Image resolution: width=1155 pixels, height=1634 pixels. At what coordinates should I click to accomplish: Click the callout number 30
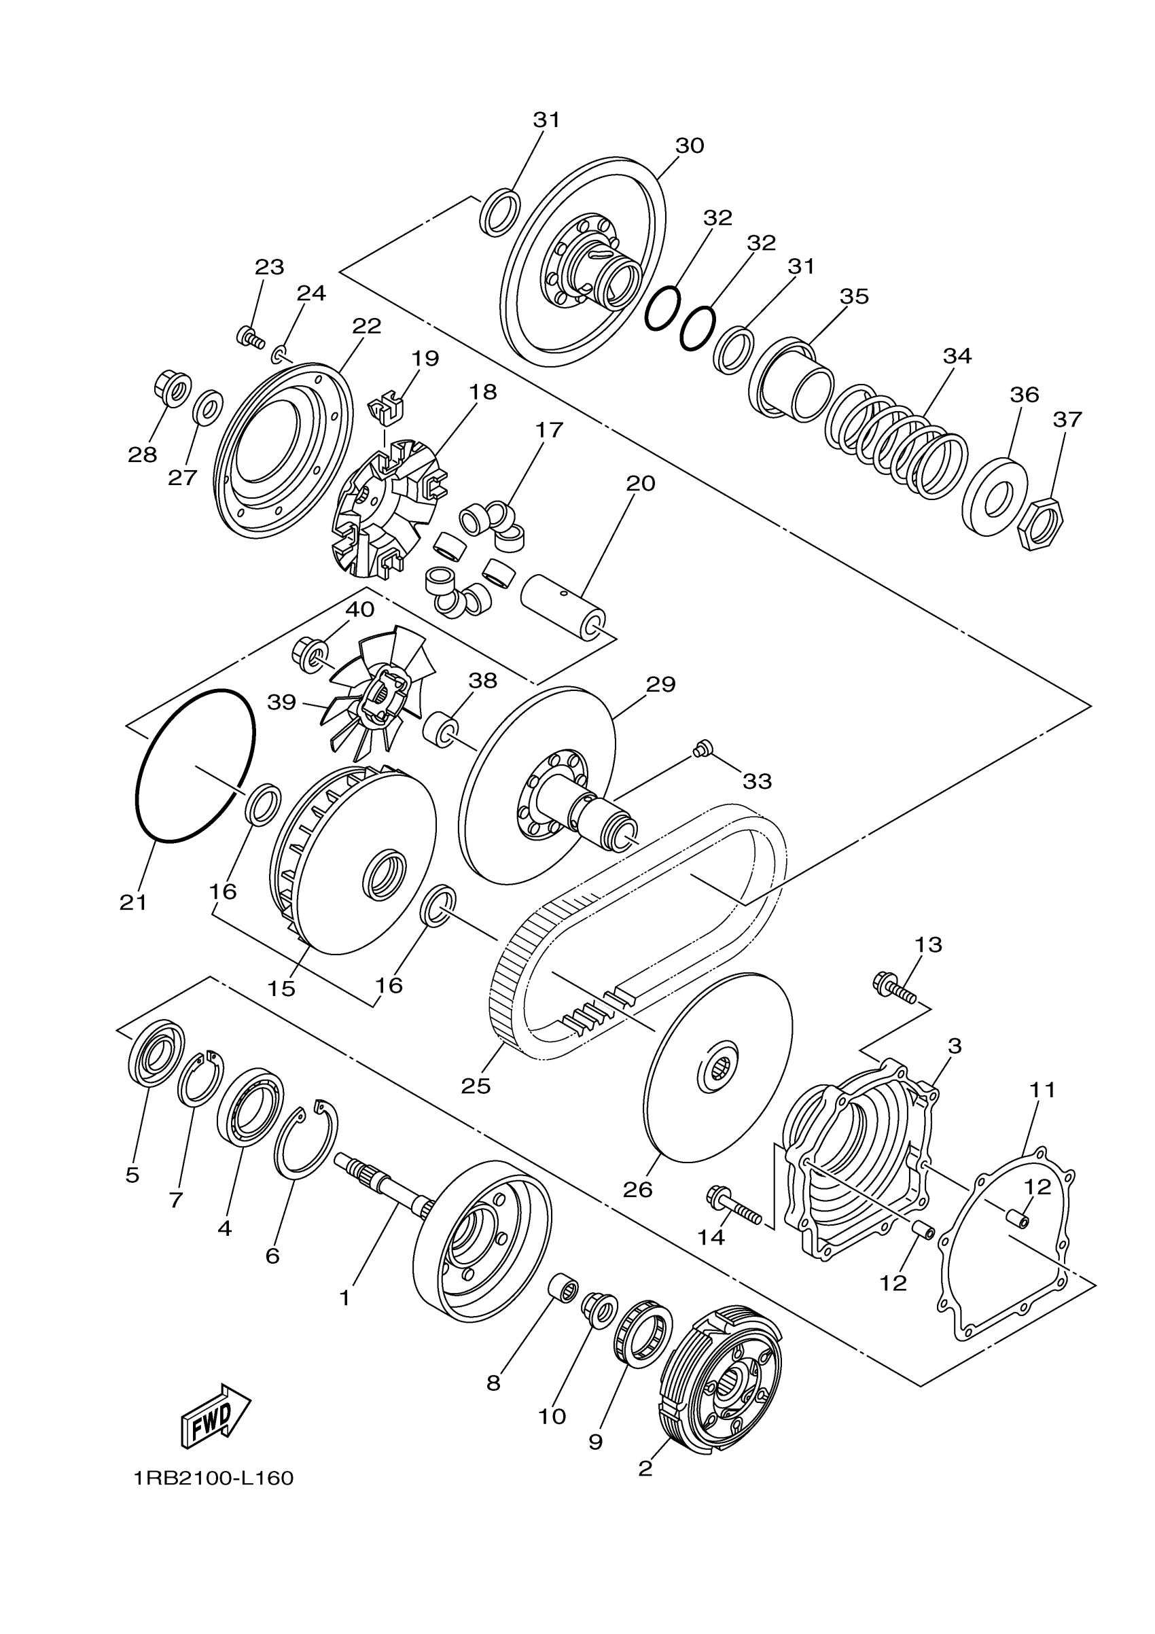689,145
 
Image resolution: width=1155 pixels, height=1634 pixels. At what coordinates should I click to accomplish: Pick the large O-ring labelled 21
194,766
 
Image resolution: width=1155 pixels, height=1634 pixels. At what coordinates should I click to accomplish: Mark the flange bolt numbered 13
894,988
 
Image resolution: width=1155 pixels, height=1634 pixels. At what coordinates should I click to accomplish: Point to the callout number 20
640,483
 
